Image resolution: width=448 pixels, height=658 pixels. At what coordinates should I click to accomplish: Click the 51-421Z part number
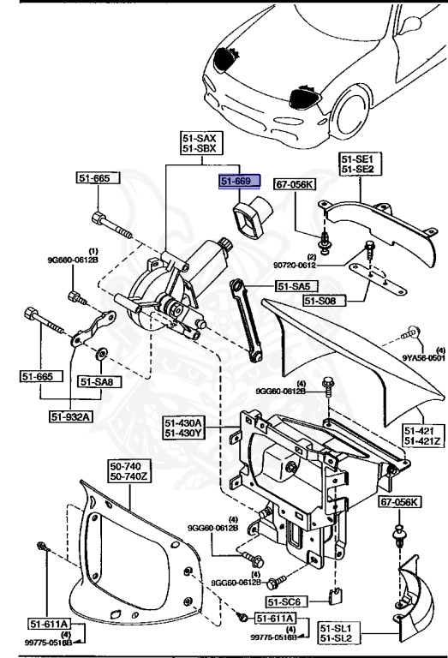click(423, 441)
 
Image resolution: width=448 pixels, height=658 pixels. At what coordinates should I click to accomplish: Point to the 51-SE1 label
click(360, 159)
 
